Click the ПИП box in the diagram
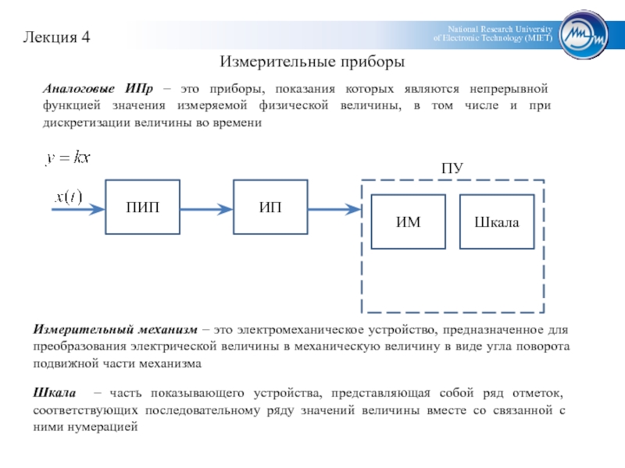[143, 207]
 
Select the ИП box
[271, 207]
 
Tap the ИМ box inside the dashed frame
[409, 222]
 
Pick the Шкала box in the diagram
[497, 222]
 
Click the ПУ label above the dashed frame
[452, 168]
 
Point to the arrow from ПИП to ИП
[207, 208]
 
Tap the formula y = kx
[69, 158]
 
